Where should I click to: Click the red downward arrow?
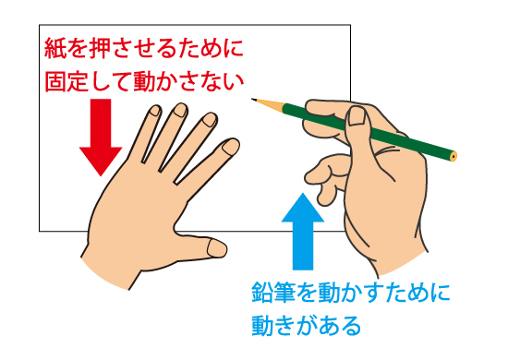101,138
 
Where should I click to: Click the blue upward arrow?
303,231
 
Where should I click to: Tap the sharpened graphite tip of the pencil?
253,99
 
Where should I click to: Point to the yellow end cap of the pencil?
453,156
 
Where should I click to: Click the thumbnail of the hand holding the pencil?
357,116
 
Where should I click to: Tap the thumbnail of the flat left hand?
217,248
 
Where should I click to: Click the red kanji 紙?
55,49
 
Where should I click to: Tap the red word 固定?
67,81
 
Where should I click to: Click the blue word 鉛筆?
273,293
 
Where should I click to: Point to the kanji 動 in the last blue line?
262,325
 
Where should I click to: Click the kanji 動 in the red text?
144,81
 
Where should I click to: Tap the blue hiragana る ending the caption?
351,325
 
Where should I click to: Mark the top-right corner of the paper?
350,25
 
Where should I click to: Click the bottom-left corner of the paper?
39,231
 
